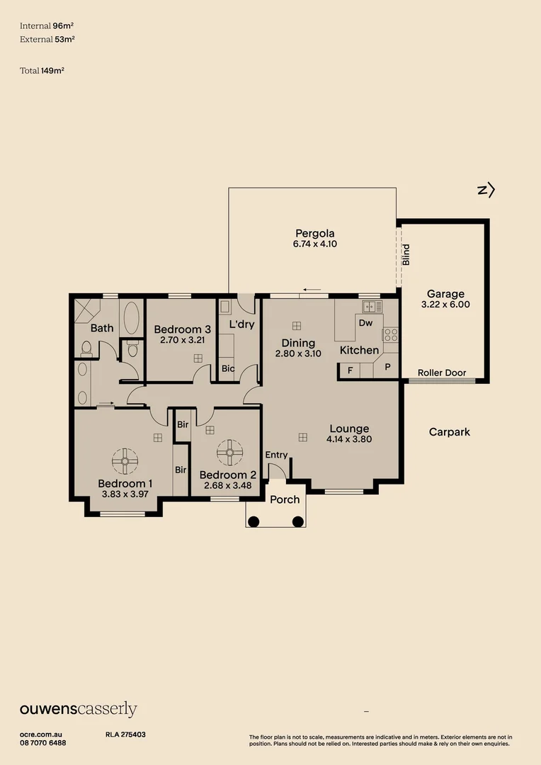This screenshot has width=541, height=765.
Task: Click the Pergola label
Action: [x=314, y=233]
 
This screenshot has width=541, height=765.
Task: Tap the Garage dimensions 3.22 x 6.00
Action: [x=445, y=305]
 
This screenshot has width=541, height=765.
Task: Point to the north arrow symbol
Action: [x=486, y=190]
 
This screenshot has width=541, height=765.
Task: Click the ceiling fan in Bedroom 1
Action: [x=125, y=462]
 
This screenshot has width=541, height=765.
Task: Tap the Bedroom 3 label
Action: [x=182, y=329]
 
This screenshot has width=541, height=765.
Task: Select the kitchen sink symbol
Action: [x=372, y=307]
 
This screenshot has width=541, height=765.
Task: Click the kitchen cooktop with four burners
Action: [x=390, y=335]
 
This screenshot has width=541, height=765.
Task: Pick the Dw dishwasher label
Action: [x=365, y=323]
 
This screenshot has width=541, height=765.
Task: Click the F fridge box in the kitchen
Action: [x=349, y=370]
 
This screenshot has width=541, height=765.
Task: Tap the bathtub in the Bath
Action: [x=132, y=319]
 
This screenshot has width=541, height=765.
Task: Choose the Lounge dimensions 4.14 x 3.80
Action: [x=349, y=439]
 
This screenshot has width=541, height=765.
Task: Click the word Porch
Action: [x=285, y=499]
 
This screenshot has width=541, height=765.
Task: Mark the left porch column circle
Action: [x=254, y=522]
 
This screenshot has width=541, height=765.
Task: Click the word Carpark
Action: [x=449, y=431]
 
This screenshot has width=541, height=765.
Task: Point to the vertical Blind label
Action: [x=406, y=254]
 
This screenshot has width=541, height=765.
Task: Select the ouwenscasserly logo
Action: [x=78, y=710]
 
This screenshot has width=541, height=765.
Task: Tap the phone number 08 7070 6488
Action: [x=43, y=742]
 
